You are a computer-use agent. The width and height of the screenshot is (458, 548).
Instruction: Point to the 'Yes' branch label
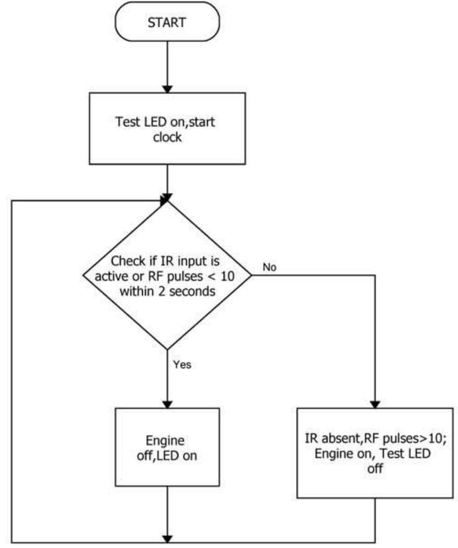pos(182,364)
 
